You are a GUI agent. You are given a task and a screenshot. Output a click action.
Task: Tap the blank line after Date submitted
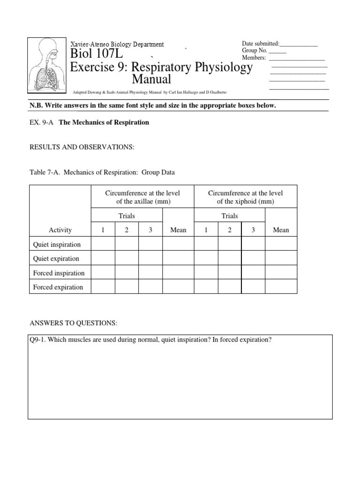pyautogui.click(x=299, y=44)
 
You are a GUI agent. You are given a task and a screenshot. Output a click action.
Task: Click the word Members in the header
pyautogui.click(x=254, y=58)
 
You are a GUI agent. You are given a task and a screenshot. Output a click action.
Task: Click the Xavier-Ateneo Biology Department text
pyautogui.click(x=117, y=45)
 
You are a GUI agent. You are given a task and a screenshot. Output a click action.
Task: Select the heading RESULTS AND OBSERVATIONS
pyautogui.click(x=82, y=147)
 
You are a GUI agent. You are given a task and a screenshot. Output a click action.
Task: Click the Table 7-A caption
pyautogui.click(x=102, y=172)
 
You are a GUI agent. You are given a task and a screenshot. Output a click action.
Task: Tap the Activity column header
pyautogui.click(x=60, y=230)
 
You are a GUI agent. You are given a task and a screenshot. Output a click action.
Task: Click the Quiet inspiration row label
pyautogui.click(x=57, y=244)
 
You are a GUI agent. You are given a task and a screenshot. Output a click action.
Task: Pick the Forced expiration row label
pyautogui.click(x=58, y=287)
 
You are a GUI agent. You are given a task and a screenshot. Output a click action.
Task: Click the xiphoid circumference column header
pyautogui.click(x=245, y=197)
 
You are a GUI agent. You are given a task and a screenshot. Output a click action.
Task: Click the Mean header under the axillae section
pyautogui.click(x=178, y=230)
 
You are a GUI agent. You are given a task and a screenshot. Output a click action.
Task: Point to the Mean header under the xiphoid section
pyautogui.click(x=281, y=230)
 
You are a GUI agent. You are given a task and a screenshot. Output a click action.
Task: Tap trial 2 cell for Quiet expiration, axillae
pyautogui.click(x=127, y=258)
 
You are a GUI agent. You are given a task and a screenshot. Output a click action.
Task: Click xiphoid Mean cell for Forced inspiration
pyautogui.click(x=281, y=272)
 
